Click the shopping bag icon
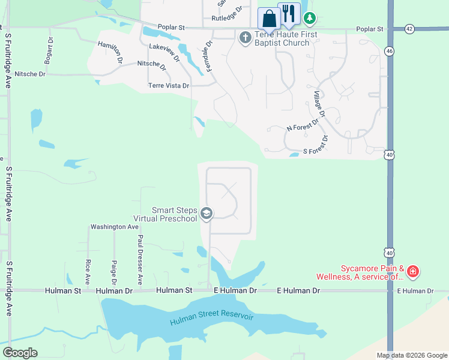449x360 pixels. (x=269, y=17)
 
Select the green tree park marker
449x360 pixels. (x=310, y=18)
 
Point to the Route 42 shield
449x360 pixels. (x=409, y=28)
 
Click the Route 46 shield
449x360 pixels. (x=390, y=52)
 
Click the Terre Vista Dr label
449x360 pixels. (x=169, y=86)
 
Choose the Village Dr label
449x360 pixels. (x=319, y=104)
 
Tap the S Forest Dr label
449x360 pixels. (x=316, y=146)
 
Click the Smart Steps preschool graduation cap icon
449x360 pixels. (x=206, y=214)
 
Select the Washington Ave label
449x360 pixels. (x=114, y=227)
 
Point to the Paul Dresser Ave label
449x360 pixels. (x=140, y=259)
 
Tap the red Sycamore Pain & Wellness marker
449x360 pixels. (x=412, y=272)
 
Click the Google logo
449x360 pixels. (x=20, y=353)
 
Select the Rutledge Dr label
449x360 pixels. (x=226, y=19)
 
